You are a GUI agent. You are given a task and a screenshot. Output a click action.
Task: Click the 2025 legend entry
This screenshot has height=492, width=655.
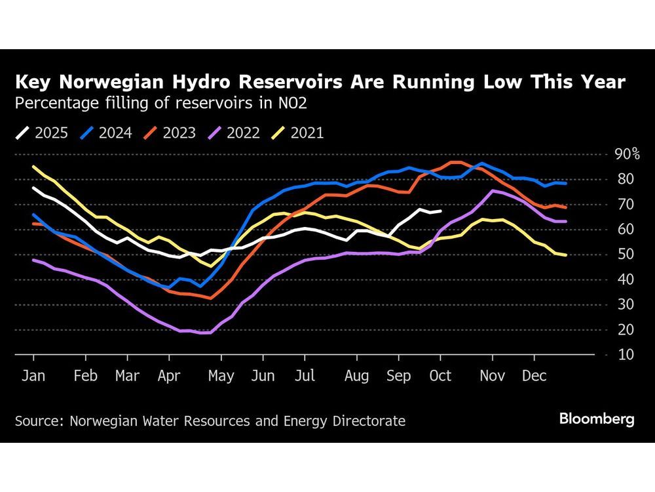click(x=43, y=134)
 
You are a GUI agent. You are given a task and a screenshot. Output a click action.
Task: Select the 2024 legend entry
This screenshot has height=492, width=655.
click(x=106, y=134)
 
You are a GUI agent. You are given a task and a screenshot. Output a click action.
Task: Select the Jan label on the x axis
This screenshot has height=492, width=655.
click(x=33, y=377)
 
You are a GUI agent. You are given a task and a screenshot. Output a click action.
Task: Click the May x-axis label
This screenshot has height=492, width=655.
click(x=221, y=377)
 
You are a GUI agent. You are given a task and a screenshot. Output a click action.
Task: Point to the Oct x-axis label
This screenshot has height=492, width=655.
click(x=440, y=377)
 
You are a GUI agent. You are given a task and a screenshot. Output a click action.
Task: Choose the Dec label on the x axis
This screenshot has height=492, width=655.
click(x=534, y=377)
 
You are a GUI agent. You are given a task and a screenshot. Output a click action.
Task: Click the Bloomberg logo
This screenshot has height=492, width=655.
click(x=597, y=420)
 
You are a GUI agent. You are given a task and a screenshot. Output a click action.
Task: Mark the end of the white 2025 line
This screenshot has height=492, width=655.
click(x=441, y=211)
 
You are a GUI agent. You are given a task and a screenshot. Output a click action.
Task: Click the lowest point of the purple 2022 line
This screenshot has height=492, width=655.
click(x=205, y=333)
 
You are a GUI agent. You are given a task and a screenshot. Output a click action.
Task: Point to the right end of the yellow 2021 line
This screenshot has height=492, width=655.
click(x=566, y=255)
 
